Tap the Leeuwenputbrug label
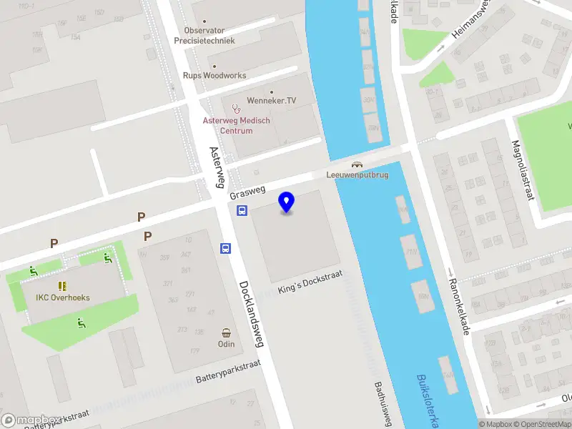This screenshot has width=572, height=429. coord(357,175)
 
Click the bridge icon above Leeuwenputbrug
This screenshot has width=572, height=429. coord(357,164)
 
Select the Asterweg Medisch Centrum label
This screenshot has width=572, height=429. coord(237,126)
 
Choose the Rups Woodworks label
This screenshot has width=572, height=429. coord(214,76)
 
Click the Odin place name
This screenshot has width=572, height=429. coord(226,344)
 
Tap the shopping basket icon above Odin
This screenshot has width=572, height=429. coord(227,332)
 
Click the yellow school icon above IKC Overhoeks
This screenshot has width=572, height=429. coord(62,285)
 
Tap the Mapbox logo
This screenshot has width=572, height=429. coord(29,420)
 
